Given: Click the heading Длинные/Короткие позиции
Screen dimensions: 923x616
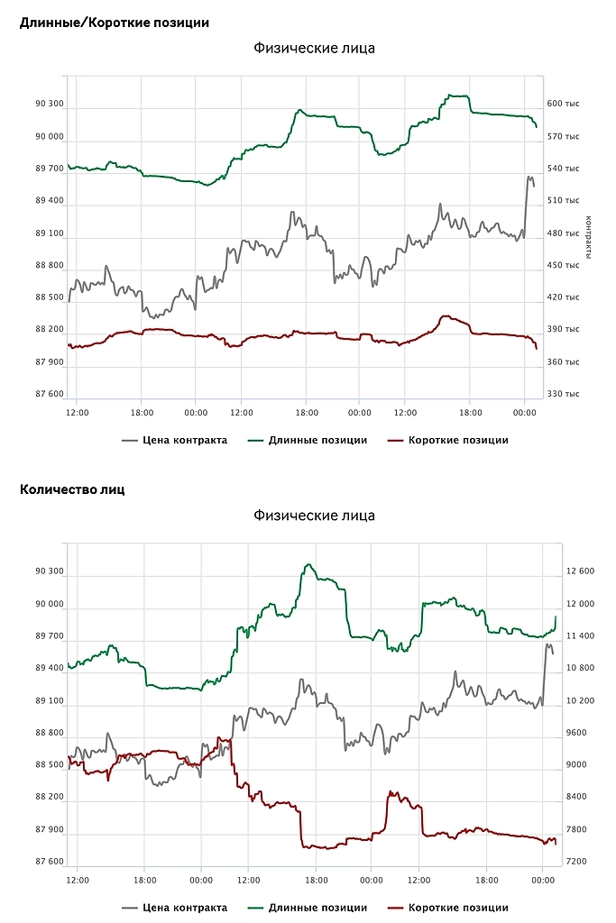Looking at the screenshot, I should tap(115, 23).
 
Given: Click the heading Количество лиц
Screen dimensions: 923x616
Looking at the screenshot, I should tap(72, 489).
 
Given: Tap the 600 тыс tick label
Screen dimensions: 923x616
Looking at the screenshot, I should tap(564, 104).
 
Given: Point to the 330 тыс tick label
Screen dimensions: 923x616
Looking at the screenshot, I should tap(564, 394).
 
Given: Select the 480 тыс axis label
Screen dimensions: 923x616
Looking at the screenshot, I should tap(564, 233).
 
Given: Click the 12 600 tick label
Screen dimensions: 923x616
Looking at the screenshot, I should tap(580, 571).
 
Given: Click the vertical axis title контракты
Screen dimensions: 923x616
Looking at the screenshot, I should tap(588, 237).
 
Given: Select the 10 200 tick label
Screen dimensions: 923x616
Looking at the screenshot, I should tap(580, 700).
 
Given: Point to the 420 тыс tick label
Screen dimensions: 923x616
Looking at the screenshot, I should tap(564, 297).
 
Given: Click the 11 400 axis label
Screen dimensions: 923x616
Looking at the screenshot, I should tap(580, 635).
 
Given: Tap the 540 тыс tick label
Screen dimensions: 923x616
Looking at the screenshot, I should tap(564, 169).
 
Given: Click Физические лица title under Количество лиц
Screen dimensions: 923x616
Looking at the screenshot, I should tap(314, 516).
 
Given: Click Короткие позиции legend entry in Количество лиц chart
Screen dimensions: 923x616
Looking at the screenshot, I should tap(457, 908).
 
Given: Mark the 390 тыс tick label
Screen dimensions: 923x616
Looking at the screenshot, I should tap(564, 329).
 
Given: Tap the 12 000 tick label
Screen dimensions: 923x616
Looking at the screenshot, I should tap(580, 604).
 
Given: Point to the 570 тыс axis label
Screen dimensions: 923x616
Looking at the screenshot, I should tap(564, 136).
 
